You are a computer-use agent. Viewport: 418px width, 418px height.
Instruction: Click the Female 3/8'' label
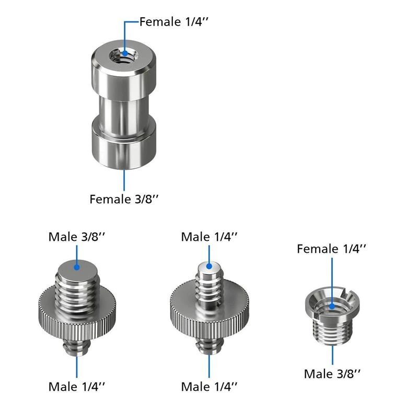point(124,199)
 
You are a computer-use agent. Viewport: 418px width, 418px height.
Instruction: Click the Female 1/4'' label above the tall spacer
point(173,21)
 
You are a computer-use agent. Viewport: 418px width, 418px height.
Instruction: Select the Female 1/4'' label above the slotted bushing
point(331,249)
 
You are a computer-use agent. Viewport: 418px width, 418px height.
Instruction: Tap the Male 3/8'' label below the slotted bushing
point(332,374)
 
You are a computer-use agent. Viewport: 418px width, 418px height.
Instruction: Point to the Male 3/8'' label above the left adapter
point(77,237)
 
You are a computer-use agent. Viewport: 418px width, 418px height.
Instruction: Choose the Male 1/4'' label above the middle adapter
point(209,237)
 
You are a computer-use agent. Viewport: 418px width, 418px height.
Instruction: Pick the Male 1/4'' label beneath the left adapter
point(77,387)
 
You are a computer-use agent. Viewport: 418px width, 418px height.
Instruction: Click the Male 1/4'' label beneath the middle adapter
point(209,387)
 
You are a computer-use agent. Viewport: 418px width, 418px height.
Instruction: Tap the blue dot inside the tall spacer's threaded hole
point(125,53)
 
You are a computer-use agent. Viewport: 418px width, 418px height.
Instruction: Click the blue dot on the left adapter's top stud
point(77,267)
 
